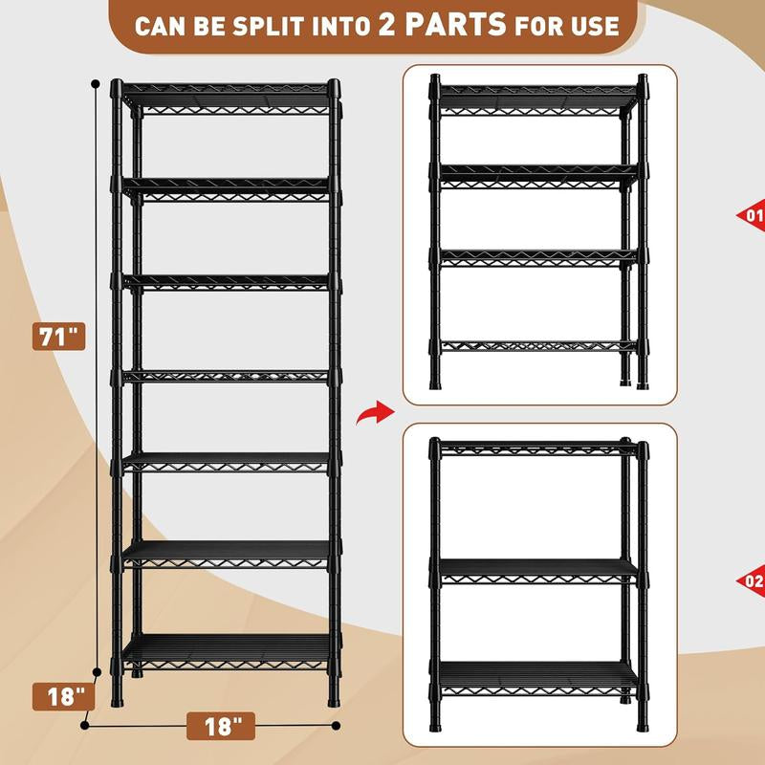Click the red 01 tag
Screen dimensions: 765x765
pos(753,215)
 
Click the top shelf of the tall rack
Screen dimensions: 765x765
pos(228,91)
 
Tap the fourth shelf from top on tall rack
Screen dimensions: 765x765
pos(228,376)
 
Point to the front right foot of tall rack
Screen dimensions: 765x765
pos(334,699)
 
